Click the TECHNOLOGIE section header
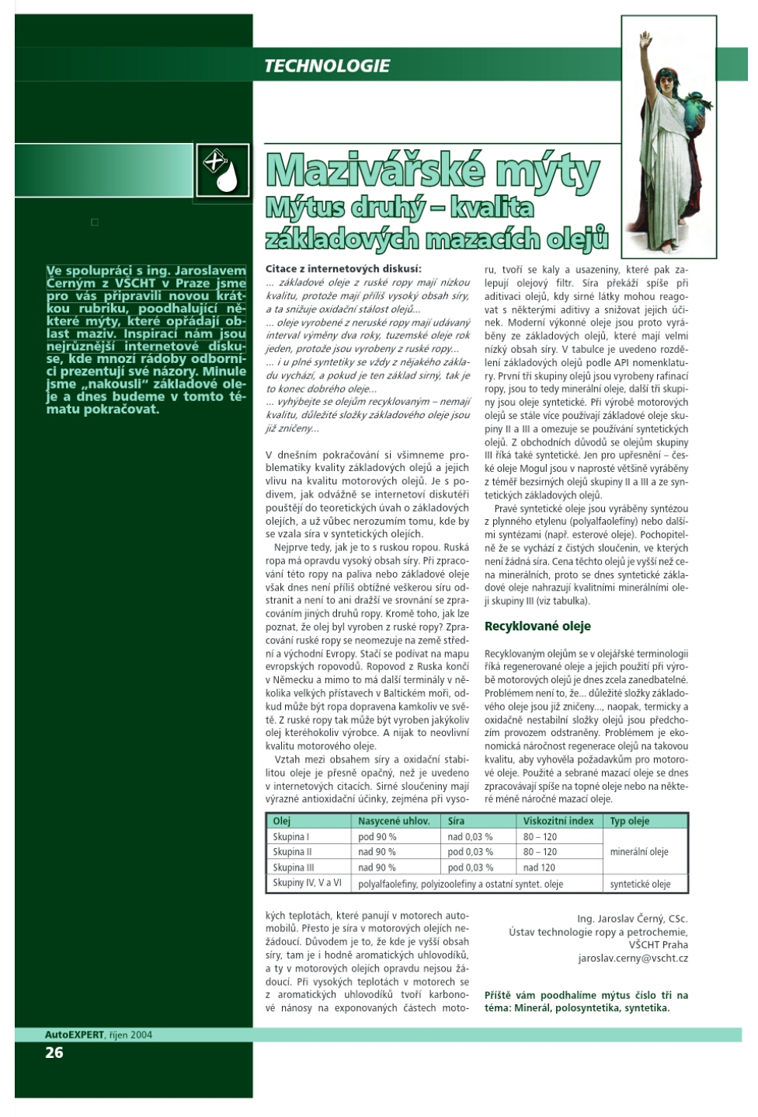327,66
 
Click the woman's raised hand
645,39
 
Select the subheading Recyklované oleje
537,626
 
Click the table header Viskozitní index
558,821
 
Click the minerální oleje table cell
639,852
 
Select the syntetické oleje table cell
640,884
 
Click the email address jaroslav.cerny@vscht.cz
633,958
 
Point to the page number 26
54,1052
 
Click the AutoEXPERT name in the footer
75,1035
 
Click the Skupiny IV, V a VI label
308,883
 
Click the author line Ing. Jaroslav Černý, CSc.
632,919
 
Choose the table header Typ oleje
630,821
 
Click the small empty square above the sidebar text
95,222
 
